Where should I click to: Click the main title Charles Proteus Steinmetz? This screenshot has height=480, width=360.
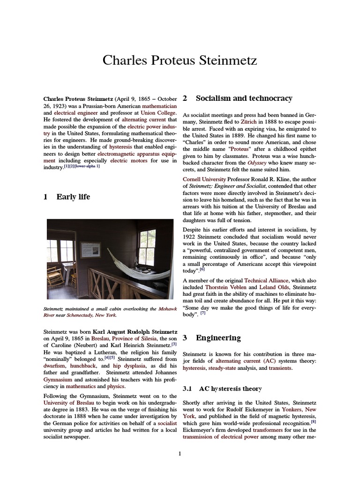point(180,61)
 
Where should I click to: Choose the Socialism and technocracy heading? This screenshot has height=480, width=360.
point(244,98)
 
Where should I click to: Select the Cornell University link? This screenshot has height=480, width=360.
point(204,179)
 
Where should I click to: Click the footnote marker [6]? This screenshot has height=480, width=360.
point(202,270)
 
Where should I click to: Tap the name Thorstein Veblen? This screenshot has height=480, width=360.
point(225,287)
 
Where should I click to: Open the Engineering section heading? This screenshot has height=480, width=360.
point(218,338)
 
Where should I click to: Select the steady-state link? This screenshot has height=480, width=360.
point(224,368)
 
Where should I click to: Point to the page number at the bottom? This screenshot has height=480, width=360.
point(180,453)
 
